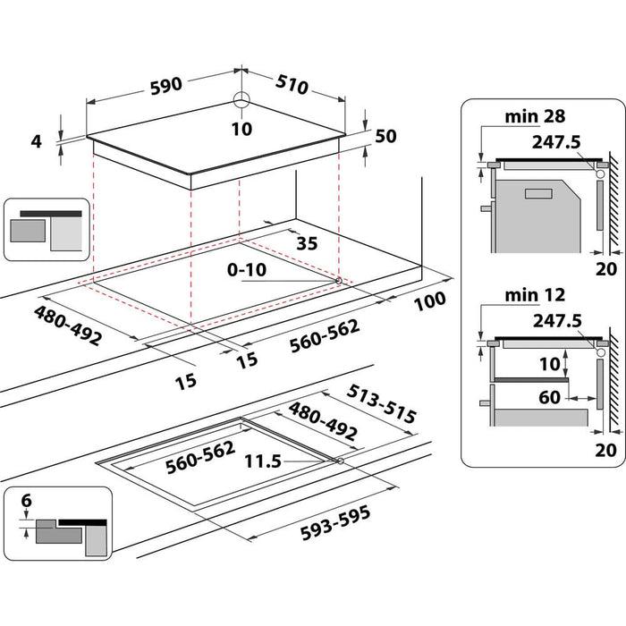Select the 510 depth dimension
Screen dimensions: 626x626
pyautogui.click(x=292, y=85)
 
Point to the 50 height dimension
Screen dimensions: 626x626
pyautogui.click(x=385, y=136)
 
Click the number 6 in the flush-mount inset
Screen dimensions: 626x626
pyautogui.click(x=26, y=503)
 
